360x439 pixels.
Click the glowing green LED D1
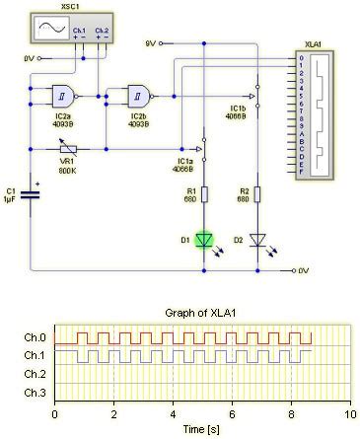pos(204,240)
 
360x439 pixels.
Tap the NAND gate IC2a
pos(66,96)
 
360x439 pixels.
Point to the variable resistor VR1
pos(67,151)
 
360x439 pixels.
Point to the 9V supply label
pos(151,43)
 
